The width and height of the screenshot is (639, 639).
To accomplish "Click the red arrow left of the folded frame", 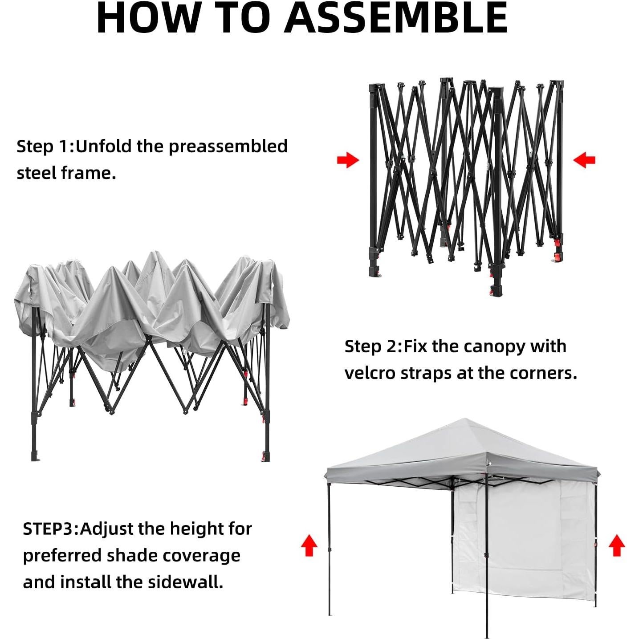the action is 348,160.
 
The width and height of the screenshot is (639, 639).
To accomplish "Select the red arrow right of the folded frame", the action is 584,160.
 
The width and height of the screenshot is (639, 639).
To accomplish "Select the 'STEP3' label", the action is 50,529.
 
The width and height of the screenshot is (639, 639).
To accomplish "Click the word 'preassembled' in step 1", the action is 228,147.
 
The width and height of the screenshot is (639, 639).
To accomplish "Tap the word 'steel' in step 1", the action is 37,173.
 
